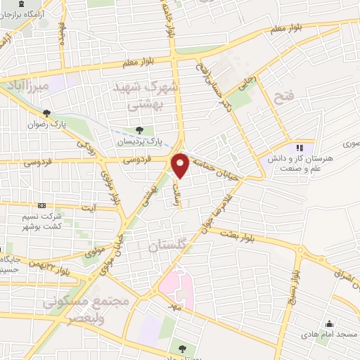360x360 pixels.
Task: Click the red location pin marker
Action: click(x=181, y=165)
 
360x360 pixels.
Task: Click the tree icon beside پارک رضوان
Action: click(x=46, y=112)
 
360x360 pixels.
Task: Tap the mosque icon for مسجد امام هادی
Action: click(x=328, y=324)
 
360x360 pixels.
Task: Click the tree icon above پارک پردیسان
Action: click(x=140, y=130)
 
